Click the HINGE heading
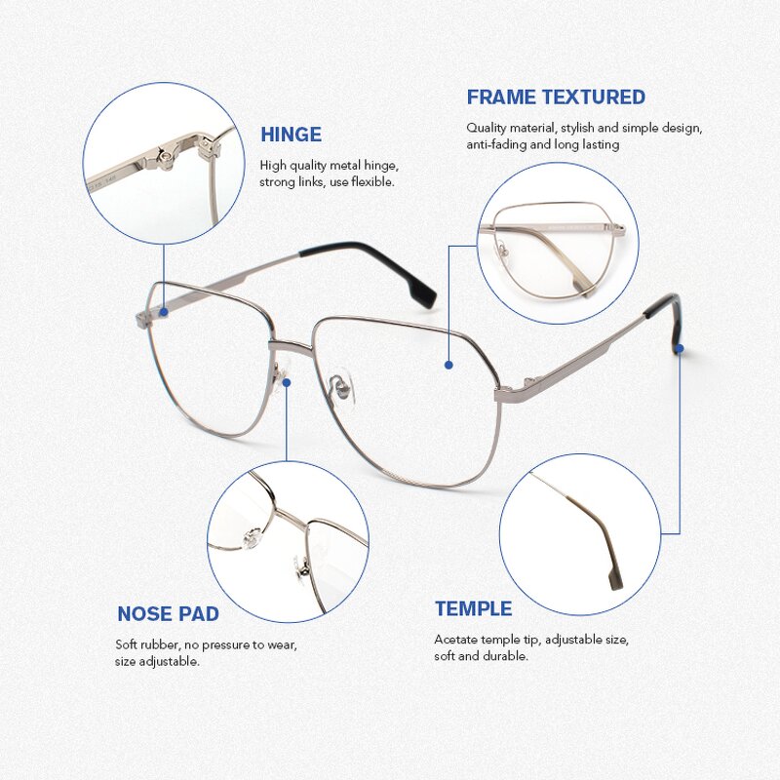[291, 135]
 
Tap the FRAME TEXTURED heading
[556, 97]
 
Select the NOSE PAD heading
[168, 614]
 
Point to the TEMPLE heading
[473, 609]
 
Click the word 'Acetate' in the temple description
[455, 640]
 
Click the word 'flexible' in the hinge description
[371, 182]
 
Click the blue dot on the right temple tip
[679, 347]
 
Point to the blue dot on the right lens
[448, 365]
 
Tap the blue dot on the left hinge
[164, 313]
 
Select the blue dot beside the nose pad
[287, 383]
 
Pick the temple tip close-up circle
[580, 534]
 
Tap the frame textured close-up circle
[558, 243]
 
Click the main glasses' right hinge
[512, 391]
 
